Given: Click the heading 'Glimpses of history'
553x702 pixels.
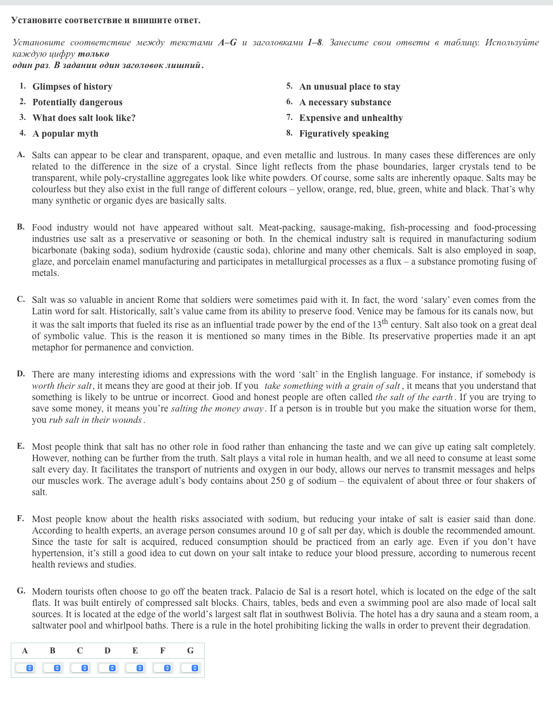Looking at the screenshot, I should point(72,86).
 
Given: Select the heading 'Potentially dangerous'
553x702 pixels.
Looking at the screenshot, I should point(77,102).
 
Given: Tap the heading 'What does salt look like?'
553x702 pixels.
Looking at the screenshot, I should point(84,118).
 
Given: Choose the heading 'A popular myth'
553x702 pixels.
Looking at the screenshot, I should point(65,133).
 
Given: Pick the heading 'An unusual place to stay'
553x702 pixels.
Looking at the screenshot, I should point(349,86).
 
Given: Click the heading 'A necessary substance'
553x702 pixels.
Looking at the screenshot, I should point(345,102).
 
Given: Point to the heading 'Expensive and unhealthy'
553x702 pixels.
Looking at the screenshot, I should point(351,118).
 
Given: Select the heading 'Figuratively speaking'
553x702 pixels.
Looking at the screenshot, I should point(344,133).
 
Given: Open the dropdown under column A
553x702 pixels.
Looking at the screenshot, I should point(25,668).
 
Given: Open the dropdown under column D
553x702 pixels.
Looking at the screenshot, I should point(107,668).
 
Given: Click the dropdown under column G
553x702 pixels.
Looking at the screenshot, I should point(190,668).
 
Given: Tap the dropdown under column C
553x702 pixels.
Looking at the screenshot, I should point(80,668).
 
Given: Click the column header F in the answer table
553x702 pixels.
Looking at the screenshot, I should point(163,651).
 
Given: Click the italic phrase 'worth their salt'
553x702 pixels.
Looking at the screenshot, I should point(62,386).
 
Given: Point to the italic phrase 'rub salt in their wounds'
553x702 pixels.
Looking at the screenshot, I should point(96,420).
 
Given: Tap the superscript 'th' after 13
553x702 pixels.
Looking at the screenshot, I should point(385,322).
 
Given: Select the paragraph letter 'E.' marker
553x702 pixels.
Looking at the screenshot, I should point(21,446).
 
